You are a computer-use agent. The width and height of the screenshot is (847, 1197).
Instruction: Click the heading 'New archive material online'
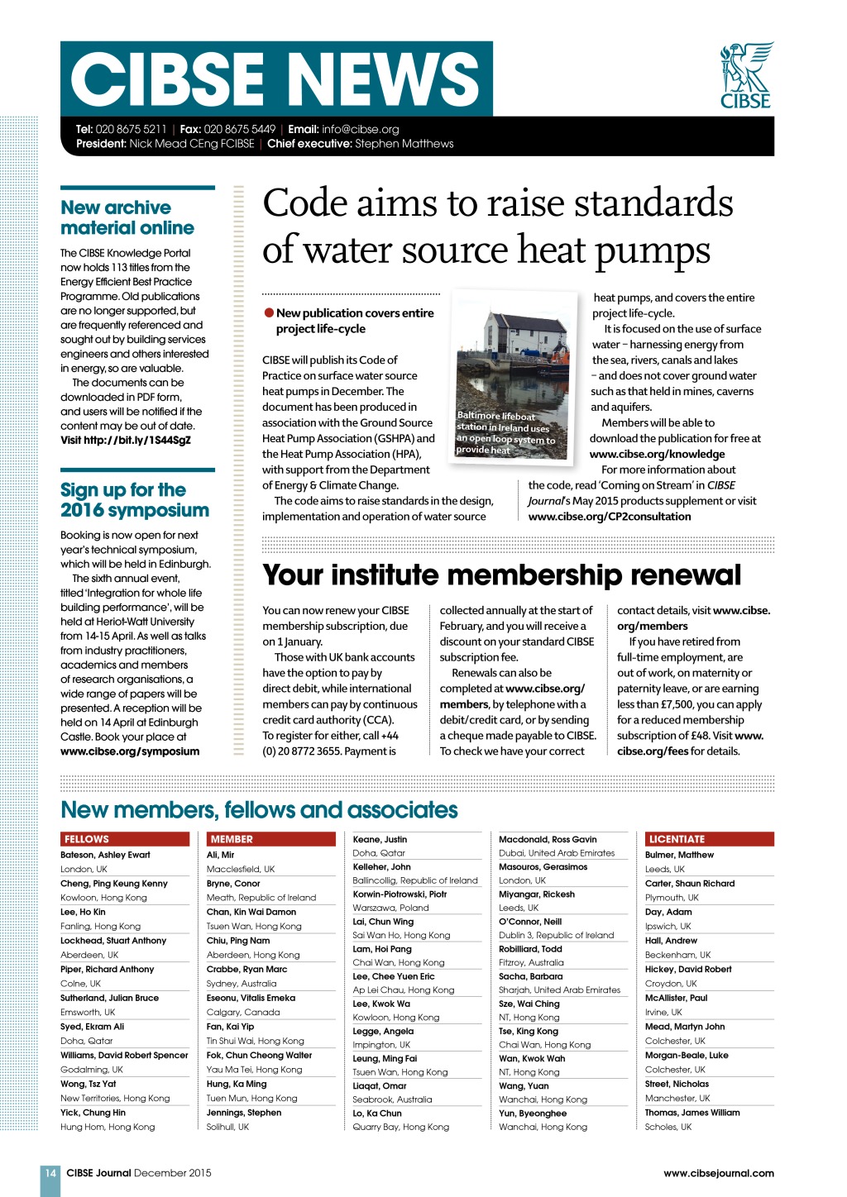127,217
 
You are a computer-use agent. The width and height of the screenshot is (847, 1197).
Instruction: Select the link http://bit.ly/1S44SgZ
126,440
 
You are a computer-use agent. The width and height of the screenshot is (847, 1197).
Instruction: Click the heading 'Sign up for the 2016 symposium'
135,500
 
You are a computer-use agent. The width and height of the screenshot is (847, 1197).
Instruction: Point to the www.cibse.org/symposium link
130,751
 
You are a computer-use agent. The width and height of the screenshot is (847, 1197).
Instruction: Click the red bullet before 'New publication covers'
269,312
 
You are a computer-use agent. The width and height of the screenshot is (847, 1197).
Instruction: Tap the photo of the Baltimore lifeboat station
514,375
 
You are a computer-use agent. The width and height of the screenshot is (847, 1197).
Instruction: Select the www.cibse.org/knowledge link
657,454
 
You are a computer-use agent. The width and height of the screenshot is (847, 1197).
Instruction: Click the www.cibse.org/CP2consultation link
610,517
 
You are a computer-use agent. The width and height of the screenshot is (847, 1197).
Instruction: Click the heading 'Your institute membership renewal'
501,575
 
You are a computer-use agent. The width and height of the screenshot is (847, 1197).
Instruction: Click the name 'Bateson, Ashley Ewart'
105,855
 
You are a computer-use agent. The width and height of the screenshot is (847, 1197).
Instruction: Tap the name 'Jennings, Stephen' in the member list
244,1112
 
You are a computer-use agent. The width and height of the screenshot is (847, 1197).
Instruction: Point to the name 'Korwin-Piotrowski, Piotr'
400,894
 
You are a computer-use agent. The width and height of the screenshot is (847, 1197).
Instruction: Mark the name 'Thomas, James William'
692,1112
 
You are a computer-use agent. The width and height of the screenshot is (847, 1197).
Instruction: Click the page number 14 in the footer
50,1172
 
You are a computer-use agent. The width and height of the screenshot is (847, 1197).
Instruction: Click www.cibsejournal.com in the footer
718,1172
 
